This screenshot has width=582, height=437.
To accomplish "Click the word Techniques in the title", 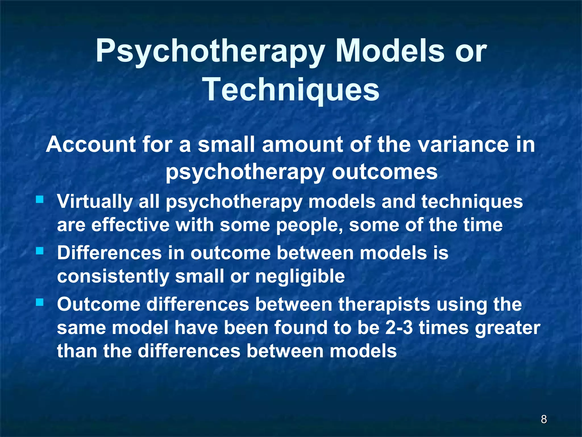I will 291,89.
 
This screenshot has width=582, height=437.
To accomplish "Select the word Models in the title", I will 390,51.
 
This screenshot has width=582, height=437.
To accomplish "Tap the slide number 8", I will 544,419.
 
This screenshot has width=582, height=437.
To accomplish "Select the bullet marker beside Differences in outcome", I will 40,251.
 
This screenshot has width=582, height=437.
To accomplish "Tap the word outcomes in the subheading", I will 385,172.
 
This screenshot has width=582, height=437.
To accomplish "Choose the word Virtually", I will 95,201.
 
